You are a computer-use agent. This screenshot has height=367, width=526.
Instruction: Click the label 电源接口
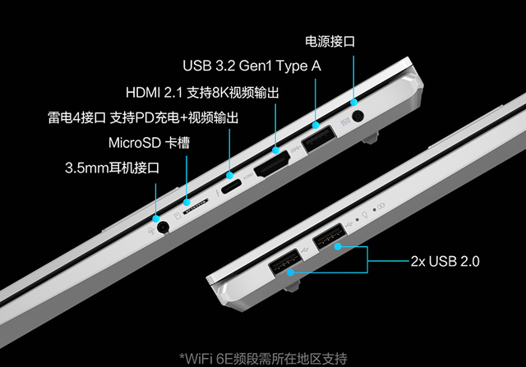pos(330,40)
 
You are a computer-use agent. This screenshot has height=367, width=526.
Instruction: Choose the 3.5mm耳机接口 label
pos(112,168)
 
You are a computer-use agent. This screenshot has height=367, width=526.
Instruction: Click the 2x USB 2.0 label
pos(444,262)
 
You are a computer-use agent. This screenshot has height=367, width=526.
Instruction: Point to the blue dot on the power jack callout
pos(354,105)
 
